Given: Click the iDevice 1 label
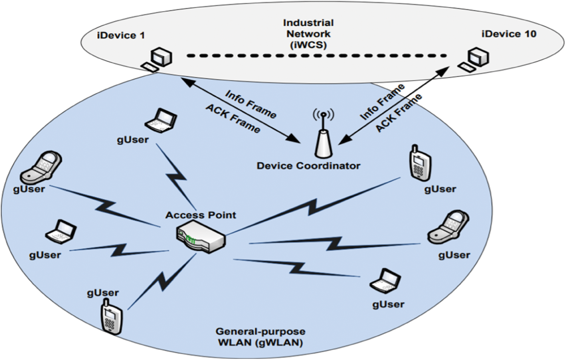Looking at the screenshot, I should point(121,35).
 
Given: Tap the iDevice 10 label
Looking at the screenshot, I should point(509,34).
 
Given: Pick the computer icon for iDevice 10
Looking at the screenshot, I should point(475,59).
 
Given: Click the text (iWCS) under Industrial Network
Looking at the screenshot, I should point(308,45).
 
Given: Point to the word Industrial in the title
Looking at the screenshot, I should point(308,23).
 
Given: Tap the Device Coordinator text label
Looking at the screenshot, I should point(308,166).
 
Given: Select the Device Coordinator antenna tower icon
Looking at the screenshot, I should point(323,143).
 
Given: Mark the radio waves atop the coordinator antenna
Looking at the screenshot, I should point(323,114).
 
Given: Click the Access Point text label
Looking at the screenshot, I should point(201,215).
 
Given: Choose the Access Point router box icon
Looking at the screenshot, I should point(201,236).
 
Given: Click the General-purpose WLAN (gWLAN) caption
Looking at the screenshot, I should point(260,337).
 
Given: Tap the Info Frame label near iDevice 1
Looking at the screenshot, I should point(251,103).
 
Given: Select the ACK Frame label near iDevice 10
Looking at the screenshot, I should point(398,113).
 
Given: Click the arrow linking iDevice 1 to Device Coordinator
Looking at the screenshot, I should point(240,110).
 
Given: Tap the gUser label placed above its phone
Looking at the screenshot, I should point(103,293).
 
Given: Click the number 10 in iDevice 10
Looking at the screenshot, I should point(529,34).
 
